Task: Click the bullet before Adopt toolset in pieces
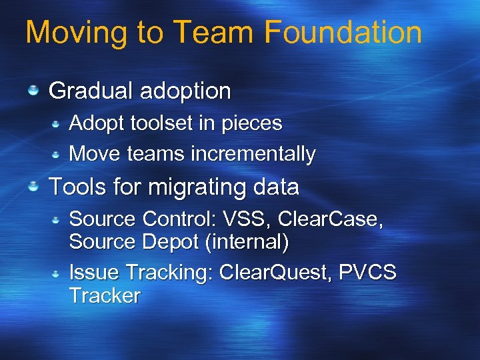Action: (x=57, y=123)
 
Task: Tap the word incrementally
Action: (x=253, y=154)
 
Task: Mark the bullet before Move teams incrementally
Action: (x=57, y=153)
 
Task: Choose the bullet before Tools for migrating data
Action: (x=33, y=187)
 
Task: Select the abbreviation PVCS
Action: (x=368, y=273)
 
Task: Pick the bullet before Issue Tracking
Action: (x=57, y=273)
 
